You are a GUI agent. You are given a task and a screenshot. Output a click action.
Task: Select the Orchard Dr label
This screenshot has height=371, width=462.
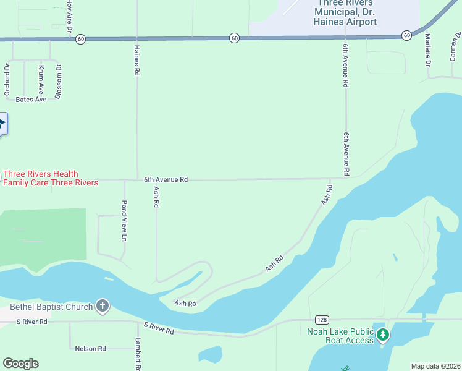[x=7, y=79]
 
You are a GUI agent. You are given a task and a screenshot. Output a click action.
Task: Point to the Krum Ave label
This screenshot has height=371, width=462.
[x=41, y=79]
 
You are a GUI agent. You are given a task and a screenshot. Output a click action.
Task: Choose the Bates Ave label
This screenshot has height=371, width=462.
[x=31, y=99]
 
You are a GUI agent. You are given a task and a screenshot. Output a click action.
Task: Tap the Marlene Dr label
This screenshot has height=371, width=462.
[x=427, y=50]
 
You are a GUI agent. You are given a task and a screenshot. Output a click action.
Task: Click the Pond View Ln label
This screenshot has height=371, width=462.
[x=124, y=221]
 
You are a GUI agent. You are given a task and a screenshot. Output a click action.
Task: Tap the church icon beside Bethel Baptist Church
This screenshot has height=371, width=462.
[x=103, y=306]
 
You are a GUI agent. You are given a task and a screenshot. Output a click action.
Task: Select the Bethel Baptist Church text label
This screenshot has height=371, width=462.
[x=51, y=307]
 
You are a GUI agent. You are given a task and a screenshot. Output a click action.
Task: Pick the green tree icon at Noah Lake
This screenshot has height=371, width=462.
[x=384, y=335]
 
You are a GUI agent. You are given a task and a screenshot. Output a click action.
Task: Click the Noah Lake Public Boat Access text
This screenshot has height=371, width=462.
[x=340, y=335]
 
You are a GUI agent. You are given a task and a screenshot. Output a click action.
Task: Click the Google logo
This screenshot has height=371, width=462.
[x=20, y=364]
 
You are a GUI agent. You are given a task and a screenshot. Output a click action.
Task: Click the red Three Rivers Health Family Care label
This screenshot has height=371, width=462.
[x=51, y=178]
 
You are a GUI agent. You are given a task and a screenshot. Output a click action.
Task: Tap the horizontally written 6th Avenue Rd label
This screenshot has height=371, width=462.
[x=166, y=179]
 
